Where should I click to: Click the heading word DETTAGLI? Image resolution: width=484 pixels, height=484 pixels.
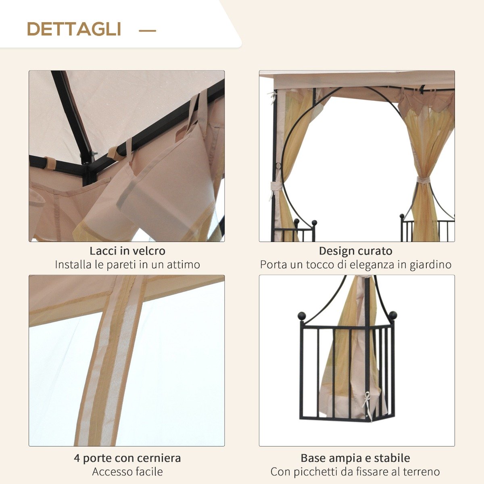[x=74, y=29]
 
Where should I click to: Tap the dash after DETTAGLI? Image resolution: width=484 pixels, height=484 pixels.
[x=147, y=30]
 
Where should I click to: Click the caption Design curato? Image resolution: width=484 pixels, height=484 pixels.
[x=355, y=251]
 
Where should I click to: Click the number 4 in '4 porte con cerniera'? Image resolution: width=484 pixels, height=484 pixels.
[x=77, y=458]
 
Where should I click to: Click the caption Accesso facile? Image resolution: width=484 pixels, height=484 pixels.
[x=127, y=471]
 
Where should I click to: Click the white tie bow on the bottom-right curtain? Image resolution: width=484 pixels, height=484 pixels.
[x=367, y=399]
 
